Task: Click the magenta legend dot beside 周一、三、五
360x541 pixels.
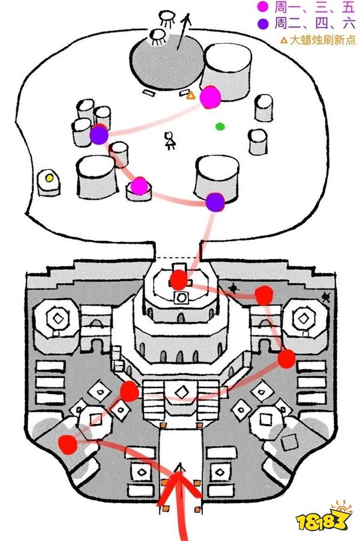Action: [x=262, y=8]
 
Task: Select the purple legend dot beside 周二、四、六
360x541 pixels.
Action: [x=262, y=25]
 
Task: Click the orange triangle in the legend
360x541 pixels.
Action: [x=284, y=41]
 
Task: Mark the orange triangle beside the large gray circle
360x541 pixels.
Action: [x=191, y=95]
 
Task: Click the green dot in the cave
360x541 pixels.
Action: [x=220, y=127]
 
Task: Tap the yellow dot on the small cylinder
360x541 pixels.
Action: [x=49, y=178]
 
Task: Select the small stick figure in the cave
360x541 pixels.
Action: [x=170, y=141]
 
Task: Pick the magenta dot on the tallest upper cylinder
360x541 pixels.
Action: [x=210, y=97]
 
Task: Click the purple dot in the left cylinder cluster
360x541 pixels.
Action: [x=98, y=136]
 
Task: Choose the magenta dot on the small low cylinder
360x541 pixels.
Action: [x=139, y=187]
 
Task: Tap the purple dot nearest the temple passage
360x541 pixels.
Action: [x=215, y=202]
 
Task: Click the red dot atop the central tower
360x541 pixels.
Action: [x=178, y=279]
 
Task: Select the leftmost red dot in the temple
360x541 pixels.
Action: [x=67, y=444]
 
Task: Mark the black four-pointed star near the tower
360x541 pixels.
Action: [x=233, y=289]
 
